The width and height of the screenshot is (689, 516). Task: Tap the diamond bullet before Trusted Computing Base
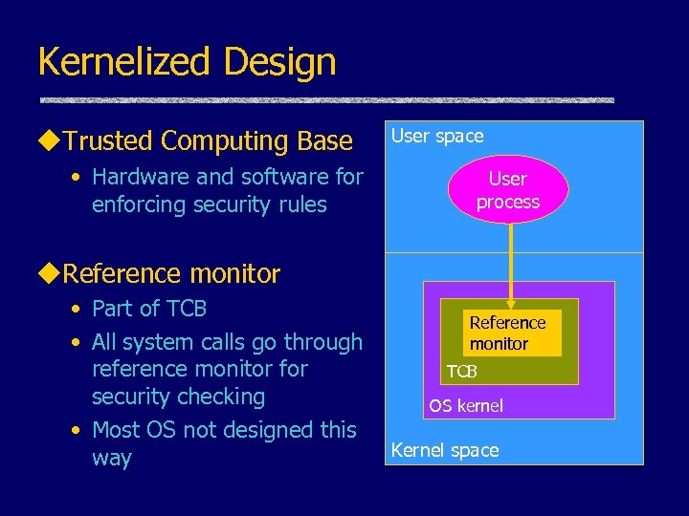tap(50, 141)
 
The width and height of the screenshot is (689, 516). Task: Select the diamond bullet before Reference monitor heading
tap(50, 274)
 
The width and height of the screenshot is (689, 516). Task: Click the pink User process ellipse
tap(507, 190)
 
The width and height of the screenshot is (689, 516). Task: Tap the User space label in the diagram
tap(437, 136)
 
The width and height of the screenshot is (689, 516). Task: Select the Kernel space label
tap(445, 450)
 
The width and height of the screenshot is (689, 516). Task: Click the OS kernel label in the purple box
tap(465, 406)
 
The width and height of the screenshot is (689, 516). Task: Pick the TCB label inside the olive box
tap(461, 370)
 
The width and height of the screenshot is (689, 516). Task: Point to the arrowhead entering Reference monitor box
tap(512, 303)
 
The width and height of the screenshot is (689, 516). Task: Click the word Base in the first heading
tap(325, 141)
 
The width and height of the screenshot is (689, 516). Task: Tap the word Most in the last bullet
tap(118, 430)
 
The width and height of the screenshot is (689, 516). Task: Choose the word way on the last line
tap(111, 458)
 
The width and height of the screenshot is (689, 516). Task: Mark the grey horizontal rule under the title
tap(326, 99)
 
